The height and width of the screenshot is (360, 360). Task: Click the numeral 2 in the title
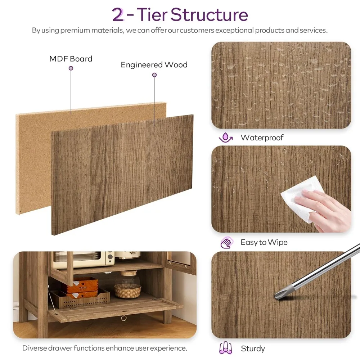pyautogui.click(x=118, y=15)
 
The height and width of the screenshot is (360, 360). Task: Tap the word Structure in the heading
pyautogui.click(x=209, y=15)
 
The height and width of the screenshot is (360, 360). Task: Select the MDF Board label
pyautogui.click(x=71, y=59)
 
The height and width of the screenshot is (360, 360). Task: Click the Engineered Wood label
pyautogui.click(x=154, y=65)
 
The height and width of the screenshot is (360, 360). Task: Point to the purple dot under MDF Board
pyautogui.click(x=71, y=68)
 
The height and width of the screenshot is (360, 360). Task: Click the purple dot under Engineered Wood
pyautogui.click(x=154, y=75)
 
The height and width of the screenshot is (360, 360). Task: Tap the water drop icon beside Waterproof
pyautogui.click(x=226, y=138)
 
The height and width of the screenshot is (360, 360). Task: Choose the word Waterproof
pyautogui.click(x=262, y=138)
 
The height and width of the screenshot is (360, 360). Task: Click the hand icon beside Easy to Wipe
pyautogui.click(x=226, y=243)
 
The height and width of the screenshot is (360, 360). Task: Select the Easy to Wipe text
pyautogui.click(x=264, y=242)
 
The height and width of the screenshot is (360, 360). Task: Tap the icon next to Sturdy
pyautogui.click(x=226, y=348)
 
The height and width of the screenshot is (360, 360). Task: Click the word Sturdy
pyautogui.click(x=253, y=348)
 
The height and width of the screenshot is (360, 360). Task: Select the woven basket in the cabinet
pyautogui.click(x=127, y=291)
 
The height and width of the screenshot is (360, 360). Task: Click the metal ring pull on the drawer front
pyautogui.click(x=124, y=318)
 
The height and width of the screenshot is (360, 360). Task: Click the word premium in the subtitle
pyautogui.click(x=75, y=30)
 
